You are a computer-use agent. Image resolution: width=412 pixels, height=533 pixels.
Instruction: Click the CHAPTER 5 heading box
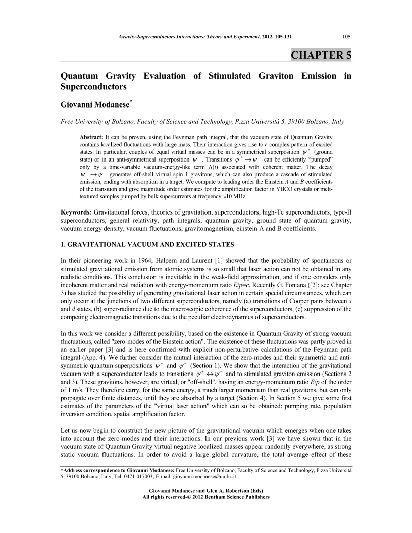tap(321, 55)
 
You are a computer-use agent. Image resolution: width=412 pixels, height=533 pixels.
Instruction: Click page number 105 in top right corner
tap(346, 36)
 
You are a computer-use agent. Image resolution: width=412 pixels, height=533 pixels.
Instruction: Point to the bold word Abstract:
tap(93, 137)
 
